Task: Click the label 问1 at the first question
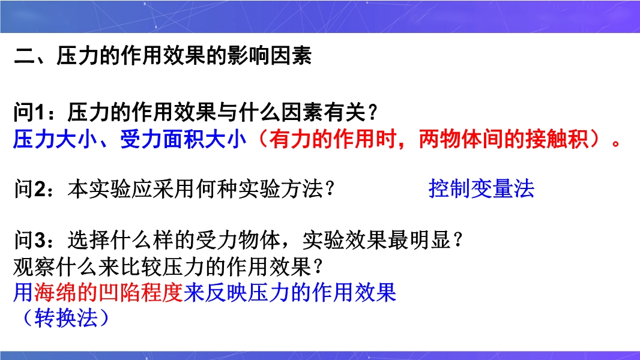pos(29,113)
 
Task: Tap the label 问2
pos(29,189)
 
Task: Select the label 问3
pos(29,240)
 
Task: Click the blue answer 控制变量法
pos(482,189)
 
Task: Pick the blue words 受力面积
pos(162,139)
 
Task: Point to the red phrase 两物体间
pos(461,139)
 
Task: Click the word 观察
pos(35,267)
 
